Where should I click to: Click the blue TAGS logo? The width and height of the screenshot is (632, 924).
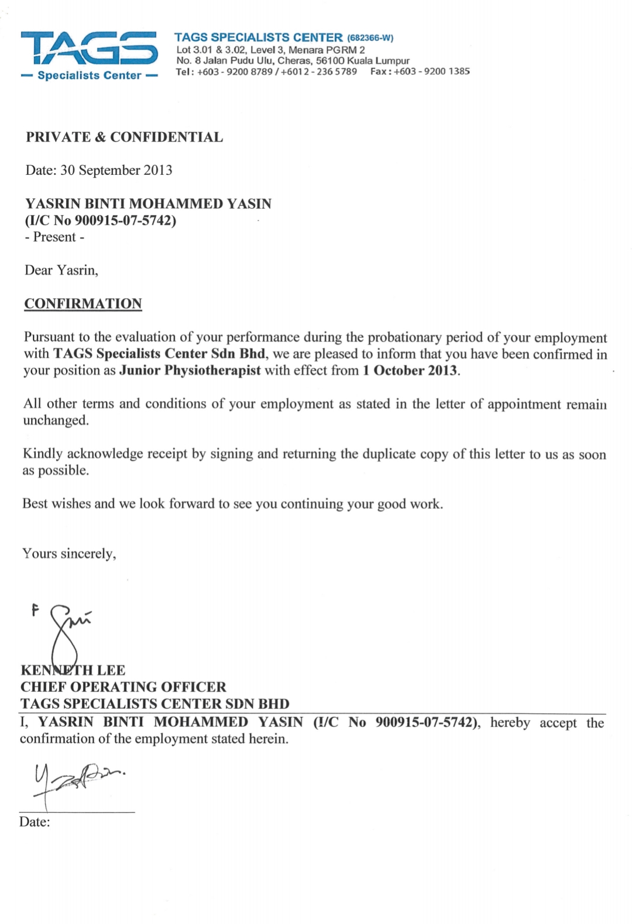pyautogui.click(x=89, y=49)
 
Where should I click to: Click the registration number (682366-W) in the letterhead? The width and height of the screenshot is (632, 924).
pyautogui.click(x=370, y=38)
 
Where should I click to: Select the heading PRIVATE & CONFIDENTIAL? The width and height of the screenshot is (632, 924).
pyautogui.click(x=124, y=137)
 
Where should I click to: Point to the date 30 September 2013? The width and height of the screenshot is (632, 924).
pyautogui.click(x=116, y=170)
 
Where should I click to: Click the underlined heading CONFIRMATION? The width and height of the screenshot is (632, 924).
pyautogui.click(x=83, y=304)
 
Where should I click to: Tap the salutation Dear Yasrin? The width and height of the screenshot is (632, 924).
pyautogui.click(x=61, y=270)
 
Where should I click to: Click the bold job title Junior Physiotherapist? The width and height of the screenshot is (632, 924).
pyautogui.click(x=190, y=370)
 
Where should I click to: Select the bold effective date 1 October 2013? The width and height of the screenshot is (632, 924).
pyautogui.click(x=410, y=370)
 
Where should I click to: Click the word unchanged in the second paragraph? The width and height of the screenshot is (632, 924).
pyautogui.click(x=56, y=420)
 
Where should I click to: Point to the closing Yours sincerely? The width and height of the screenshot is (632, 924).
pyautogui.click(x=69, y=553)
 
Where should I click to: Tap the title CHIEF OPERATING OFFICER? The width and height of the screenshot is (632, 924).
pyautogui.click(x=123, y=687)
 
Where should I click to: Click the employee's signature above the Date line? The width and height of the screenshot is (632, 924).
pyautogui.click(x=76, y=781)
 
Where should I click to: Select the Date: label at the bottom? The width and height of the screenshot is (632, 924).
pyautogui.click(x=35, y=822)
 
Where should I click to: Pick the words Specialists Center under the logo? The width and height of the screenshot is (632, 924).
pyautogui.click(x=89, y=75)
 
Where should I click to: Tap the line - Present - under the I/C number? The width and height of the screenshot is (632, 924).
pyautogui.click(x=54, y=237)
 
